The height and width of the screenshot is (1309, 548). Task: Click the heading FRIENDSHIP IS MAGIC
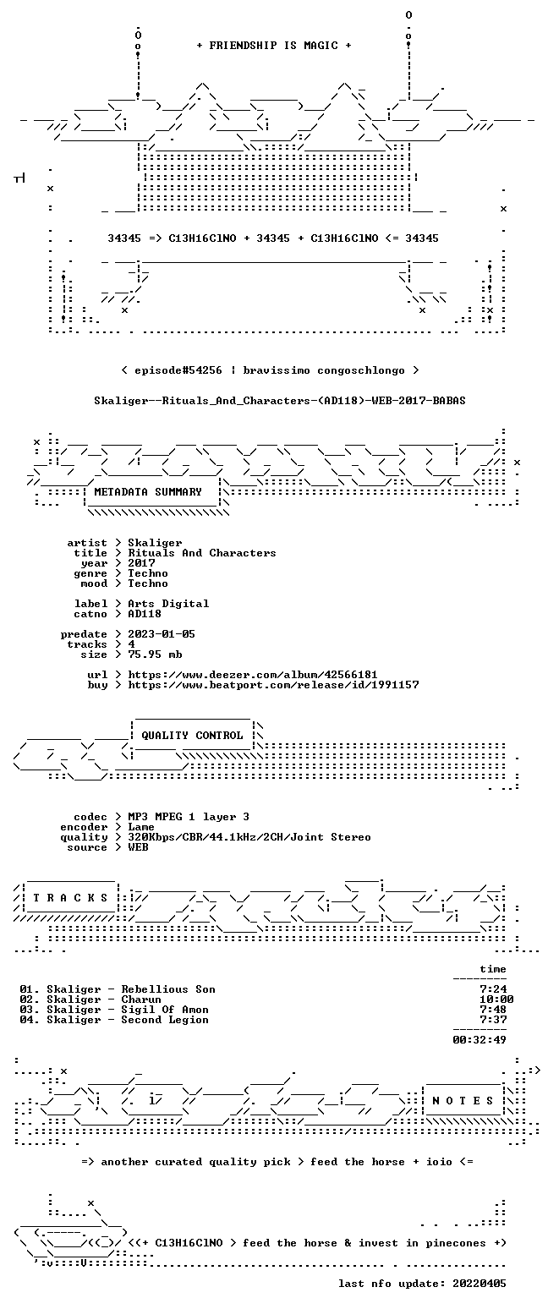(x=274, y=46)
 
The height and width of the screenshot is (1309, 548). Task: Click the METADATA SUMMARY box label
(x=148, y=492)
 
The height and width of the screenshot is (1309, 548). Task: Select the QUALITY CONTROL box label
(x=192, y=736)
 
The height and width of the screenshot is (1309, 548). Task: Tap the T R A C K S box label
(x=71, y=898)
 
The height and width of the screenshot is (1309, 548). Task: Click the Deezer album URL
(x=253, y=675)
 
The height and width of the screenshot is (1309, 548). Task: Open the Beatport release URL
(x=273, y=685)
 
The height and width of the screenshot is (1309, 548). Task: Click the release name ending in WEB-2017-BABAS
(x=280, y=401)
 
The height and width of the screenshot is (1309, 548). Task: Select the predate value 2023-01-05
(x=162, y=634)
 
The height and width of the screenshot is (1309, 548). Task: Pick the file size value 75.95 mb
(x=155, y=654)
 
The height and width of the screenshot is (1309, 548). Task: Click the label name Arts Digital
(x=168, y=604)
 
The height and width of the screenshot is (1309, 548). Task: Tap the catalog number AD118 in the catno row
(x=145, y=614)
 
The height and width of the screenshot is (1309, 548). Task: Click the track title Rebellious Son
(x=168, y=989)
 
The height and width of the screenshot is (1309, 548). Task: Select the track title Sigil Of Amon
(x=165, y=1010)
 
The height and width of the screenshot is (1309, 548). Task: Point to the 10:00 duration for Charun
(x=496, y=1000)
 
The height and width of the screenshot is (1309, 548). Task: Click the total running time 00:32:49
(x=479, y=1040)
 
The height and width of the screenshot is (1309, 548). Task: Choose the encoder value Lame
(x=141, y=828)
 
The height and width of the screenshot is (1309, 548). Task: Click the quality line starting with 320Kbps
(x=249, y=837)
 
